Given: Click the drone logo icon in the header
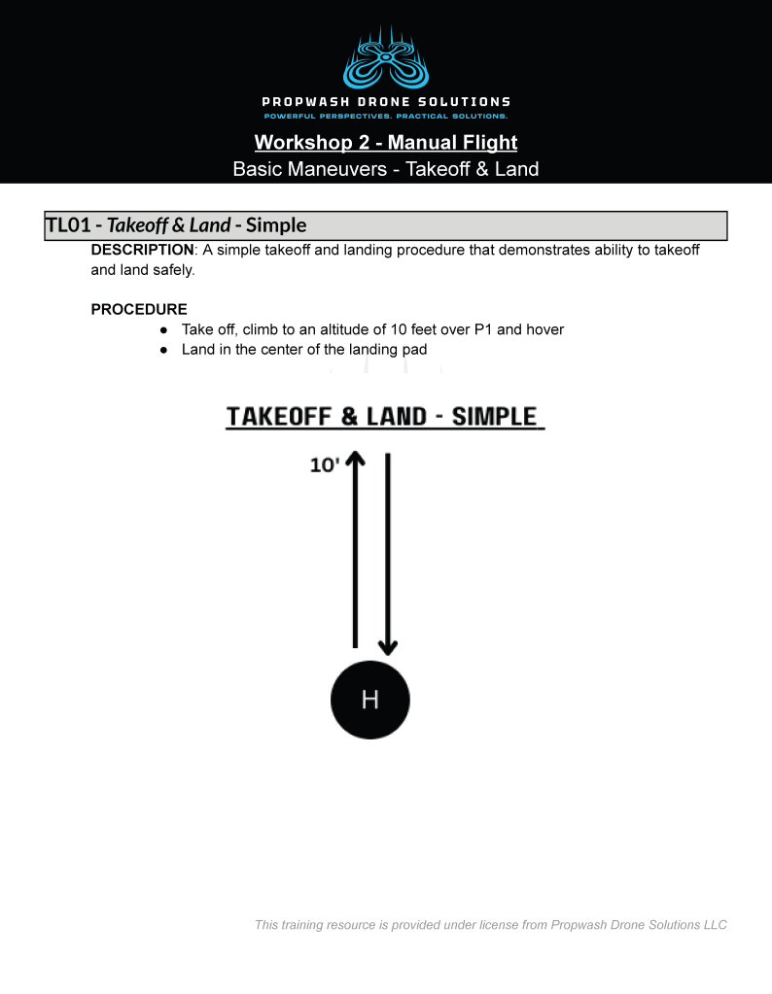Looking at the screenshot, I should (386, 59).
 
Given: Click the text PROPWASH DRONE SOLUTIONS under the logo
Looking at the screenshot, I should (386, 102).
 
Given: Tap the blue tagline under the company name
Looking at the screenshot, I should (386, 117).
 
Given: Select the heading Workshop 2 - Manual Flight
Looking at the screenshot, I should (386, 143).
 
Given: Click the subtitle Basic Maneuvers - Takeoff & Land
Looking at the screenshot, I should (386, 169).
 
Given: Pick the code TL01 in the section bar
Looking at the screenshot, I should (68, 225).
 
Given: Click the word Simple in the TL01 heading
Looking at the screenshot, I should (276, 225).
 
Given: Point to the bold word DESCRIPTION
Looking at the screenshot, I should (142, 251).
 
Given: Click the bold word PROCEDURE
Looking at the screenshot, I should (139, 310).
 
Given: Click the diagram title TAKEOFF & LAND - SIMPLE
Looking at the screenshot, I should (385, 417).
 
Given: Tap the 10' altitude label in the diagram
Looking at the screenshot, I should (325, 465).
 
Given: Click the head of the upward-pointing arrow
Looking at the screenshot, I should (355, 459).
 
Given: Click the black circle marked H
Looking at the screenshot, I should (370, 700).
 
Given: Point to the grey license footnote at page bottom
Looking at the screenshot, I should (490, 925).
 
